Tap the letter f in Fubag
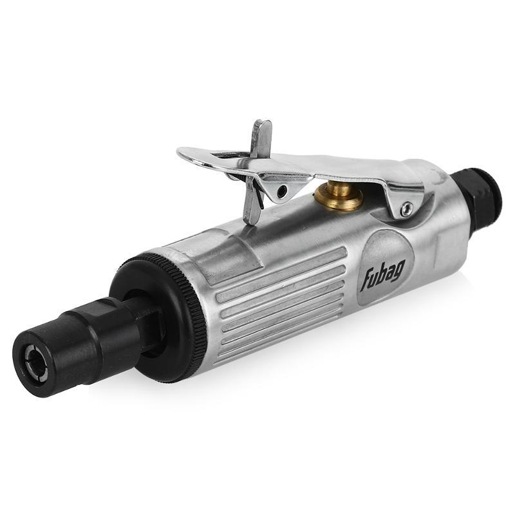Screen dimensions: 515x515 tap(366, 280)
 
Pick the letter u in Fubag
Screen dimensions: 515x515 tap(375, 277)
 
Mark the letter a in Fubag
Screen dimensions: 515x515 tap(391, 270)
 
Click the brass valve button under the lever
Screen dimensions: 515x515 tap(339, 196)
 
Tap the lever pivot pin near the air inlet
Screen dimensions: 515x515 tap(407, 208)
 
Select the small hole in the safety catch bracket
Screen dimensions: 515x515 tap(281, 191)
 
